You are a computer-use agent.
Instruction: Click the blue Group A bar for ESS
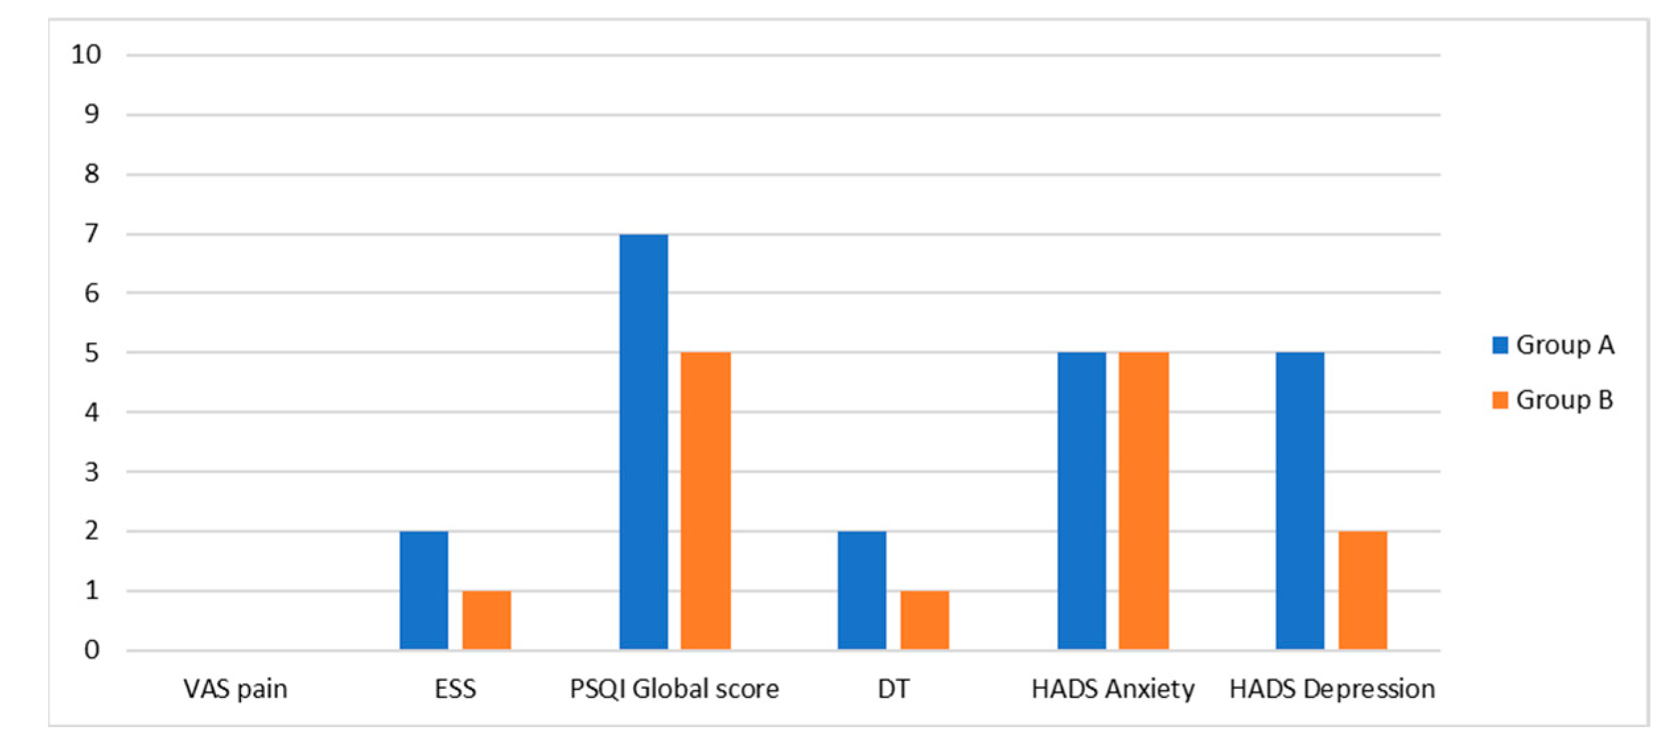click(x=424, y=590)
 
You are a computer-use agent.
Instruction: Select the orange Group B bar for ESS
click(x=487, y=620)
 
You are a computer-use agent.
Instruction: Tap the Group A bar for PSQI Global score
click(x=644, y=441)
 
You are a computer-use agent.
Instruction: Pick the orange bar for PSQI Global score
click(x=706, y=501)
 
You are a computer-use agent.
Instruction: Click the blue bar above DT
click(x=862, y=590)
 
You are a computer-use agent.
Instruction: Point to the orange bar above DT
click(x=925, y=620)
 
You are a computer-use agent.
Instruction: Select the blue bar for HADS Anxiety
click(x=1081, y=501)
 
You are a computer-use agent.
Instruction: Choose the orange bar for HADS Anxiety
click(x=1143, y=501)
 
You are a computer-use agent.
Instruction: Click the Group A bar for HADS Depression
click(x=1300, y=501)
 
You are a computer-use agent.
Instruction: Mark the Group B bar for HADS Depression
click(x=1363, y=590)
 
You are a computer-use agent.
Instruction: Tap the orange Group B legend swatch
click(x=1500, y=400)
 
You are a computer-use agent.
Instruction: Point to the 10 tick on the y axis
click(x=86, y=55)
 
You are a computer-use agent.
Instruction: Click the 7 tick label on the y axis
click(x=92, y=234)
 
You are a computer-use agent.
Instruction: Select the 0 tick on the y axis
click(x=92, y=650)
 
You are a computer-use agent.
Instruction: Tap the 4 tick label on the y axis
click(x=92, y=413)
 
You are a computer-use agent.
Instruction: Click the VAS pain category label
click(x=236, y=689)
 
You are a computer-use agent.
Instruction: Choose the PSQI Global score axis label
click(x=674, y=689)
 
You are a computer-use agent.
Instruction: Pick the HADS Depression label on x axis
click(x=1332, y=689)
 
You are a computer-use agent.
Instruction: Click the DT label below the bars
click(x=893, y=689)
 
